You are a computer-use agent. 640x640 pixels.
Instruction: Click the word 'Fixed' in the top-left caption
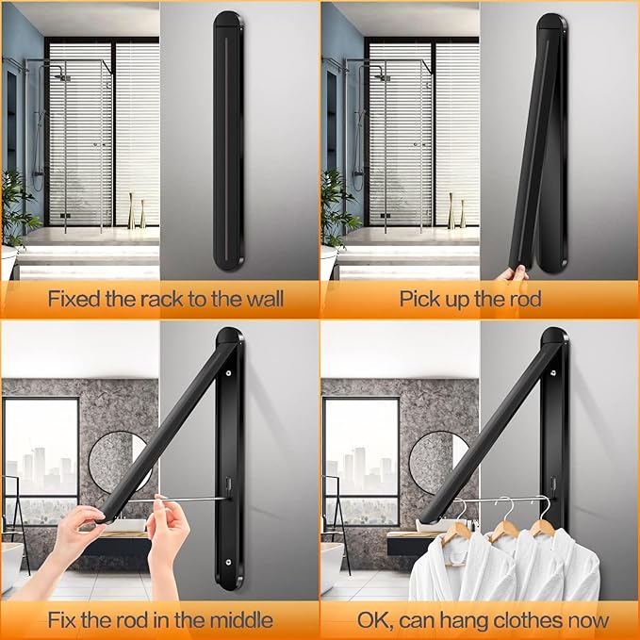tap(74, 299)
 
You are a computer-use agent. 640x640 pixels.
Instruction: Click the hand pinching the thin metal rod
tap(168, 531)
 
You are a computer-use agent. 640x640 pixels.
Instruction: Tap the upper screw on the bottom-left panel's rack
tap(228, 373)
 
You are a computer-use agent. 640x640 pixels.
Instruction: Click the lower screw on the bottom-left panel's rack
tap(228, 562)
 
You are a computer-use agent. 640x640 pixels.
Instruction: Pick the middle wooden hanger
tap(505, 522)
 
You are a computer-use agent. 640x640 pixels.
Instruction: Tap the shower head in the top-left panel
tap(64, 76)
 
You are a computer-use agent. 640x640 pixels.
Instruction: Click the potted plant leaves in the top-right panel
tap(339, 209)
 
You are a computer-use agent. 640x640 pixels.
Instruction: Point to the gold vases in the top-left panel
tap(137, 210)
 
